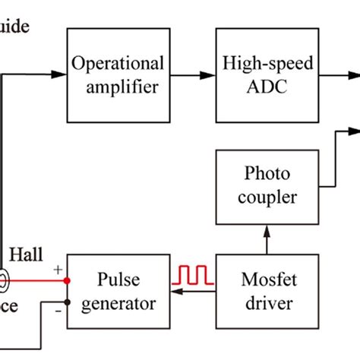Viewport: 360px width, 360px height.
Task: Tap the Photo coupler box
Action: [x=267, y=185]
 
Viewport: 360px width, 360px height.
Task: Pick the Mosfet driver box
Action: [x=267, y=292]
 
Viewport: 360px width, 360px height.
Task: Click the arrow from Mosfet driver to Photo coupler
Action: [x=267, y=239]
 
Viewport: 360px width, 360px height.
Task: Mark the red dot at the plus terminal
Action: [x=68, y=280]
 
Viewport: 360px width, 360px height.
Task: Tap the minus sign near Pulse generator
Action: [x=57, y=310]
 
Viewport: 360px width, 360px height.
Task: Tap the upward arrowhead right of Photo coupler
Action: [x=340, y=134]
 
